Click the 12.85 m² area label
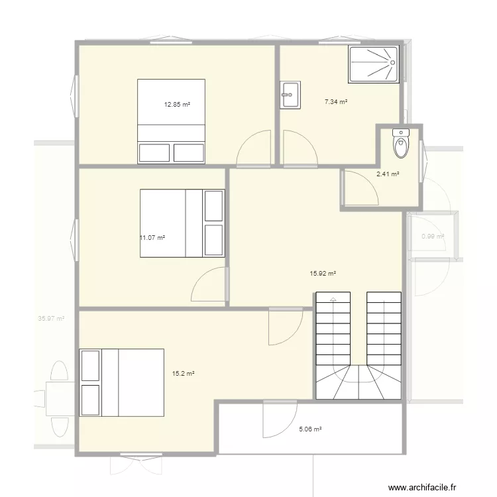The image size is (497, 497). coord(177,105)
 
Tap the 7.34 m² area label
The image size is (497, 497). coord(336,101)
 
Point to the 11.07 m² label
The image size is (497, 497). coord(152,238)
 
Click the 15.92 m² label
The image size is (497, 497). coord(323,273)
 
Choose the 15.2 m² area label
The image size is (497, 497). coord(183,374)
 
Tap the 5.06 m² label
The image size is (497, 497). coord(309,429)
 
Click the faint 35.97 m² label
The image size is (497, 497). coord(51,319)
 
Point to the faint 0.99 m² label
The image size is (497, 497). coord(433,236)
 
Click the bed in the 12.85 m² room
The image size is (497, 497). coord(171,121)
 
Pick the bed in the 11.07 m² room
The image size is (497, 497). coord(182,223)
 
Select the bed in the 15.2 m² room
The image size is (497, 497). coord(122,382)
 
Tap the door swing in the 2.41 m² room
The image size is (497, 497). coord(360,187)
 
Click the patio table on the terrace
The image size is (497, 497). coord(59,398)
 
